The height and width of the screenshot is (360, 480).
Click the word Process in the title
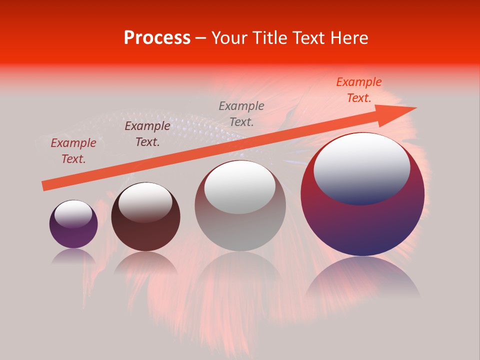click(x=157, y=38)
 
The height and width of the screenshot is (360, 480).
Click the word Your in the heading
click(x=229, y=38)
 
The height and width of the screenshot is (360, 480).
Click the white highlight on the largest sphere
click(x=361, y=167)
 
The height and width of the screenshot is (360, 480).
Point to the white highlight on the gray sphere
click(x=240, y=186)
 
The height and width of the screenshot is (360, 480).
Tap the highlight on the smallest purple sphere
click(x=73, y=214)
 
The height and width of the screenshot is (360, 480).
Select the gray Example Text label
click(x=241, y=113)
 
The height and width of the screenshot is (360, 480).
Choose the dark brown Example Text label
click(x=147, y=134)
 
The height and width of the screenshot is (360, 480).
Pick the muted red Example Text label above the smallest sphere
click(x=73, y=151)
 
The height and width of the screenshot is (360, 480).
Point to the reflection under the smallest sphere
click(x=73, y=256)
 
